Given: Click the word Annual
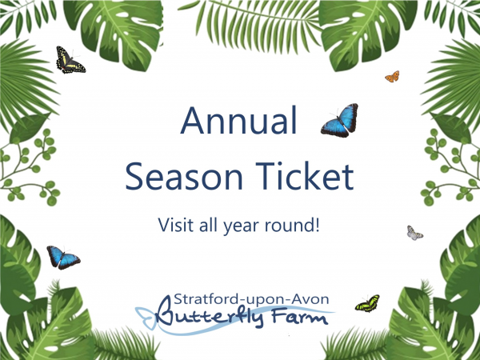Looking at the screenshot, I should pyautogui.click(x=239, y=122).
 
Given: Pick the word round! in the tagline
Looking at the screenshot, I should pyautogui.click(x=297, y=223).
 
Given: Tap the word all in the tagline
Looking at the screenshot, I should pyautogui.click(x=214, y=223).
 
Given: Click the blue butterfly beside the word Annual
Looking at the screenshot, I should pyautogui.click(x=339, y=121).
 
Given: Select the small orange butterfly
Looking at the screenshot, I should pyautogui.click(x=392, y=77).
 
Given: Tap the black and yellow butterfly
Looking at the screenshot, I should pyautogui.click(x=70, y=60).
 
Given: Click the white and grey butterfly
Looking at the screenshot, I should pyautogui.click(x=414, y=233).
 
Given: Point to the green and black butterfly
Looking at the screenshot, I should pyautogui.click(x=367, y=303).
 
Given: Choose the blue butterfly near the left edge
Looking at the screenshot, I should pyautogui.click(x=62, y=257).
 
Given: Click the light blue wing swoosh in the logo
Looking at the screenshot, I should pyautogui.click(x=148, y=314).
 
